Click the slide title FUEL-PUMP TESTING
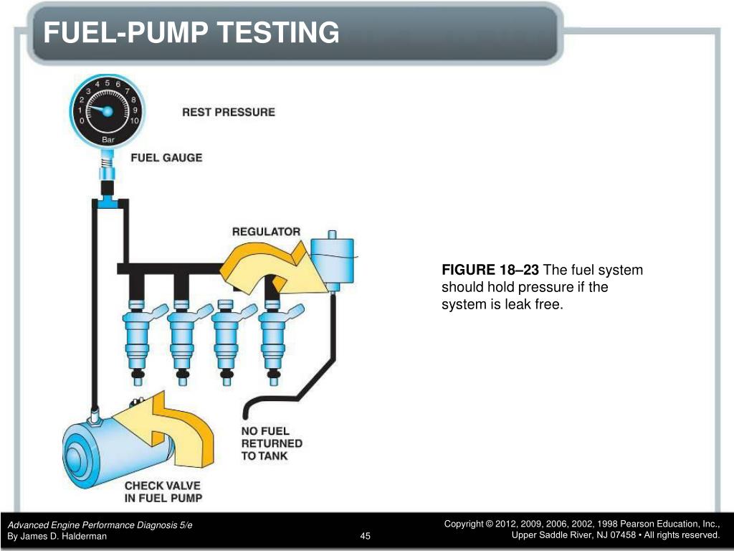coord(190,33)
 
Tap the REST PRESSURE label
coord(228,112)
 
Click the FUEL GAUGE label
coord(166,158)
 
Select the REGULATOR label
coord(266,232)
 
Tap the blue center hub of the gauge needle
coord(108,111)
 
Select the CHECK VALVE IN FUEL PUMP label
coord(163,491)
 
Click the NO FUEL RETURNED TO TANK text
coord(271,443)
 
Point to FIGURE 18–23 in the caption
coord(490,270)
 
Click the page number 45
coord(366,536)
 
